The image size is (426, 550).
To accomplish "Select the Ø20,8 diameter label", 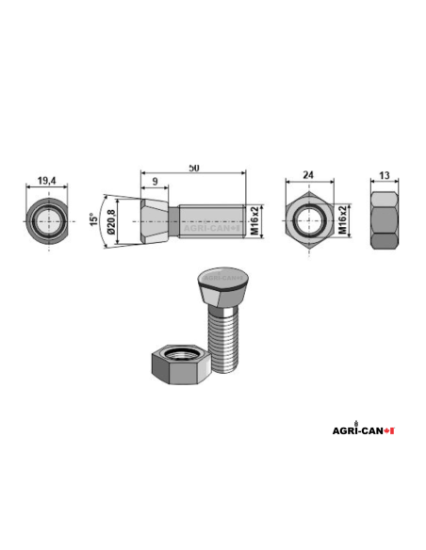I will (x=112, y=224).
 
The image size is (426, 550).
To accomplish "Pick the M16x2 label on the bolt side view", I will (x=254, y=224).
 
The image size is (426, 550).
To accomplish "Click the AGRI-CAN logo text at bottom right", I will (x=359, y=429).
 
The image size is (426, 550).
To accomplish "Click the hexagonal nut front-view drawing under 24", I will (x=307, y=223).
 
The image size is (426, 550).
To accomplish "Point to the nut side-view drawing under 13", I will (x=385, y=223).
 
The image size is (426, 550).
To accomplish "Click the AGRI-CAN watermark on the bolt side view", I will (x=209, y=227).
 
